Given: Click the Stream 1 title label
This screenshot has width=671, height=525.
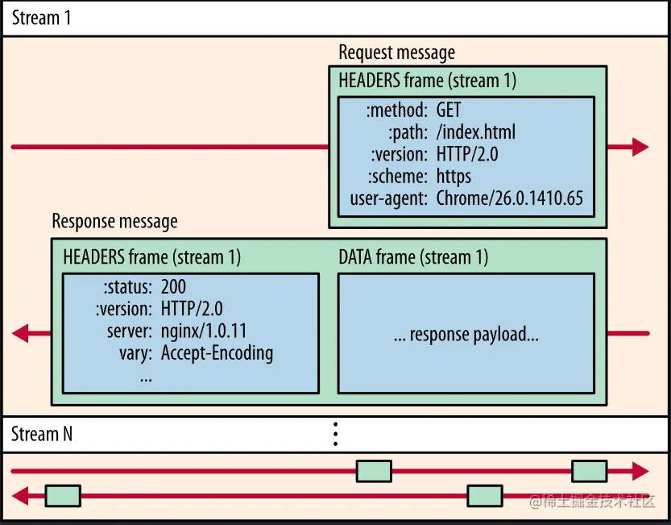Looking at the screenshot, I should pos(42,18).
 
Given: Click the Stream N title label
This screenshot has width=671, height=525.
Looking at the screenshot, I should pos(42,434).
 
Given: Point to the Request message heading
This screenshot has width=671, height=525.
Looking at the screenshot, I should pos(396,53).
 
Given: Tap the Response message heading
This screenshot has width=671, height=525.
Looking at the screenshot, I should pos(114,221).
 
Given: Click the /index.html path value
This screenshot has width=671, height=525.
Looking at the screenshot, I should pos(476,131).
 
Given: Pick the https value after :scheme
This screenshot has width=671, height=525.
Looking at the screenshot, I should pos(454,176).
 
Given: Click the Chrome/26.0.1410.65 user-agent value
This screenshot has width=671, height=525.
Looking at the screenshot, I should pos(509,198).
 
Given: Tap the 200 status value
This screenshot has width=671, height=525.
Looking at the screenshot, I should pos(174,286).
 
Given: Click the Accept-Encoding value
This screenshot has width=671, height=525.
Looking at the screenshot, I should pos(217,352).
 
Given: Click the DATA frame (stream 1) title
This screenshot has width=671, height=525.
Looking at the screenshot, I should pos(413,257).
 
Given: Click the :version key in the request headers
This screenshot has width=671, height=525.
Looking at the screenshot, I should pos(399,154).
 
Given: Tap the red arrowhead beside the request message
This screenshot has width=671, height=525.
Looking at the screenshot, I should pos(640,147).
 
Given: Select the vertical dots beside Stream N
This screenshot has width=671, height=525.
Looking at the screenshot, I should pos(335,433).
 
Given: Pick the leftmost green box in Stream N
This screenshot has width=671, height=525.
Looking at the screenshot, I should pos(62,495).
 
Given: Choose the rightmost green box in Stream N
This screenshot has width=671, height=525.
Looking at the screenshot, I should pos(589,471).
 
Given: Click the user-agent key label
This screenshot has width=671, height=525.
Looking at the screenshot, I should pos(388,198).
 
